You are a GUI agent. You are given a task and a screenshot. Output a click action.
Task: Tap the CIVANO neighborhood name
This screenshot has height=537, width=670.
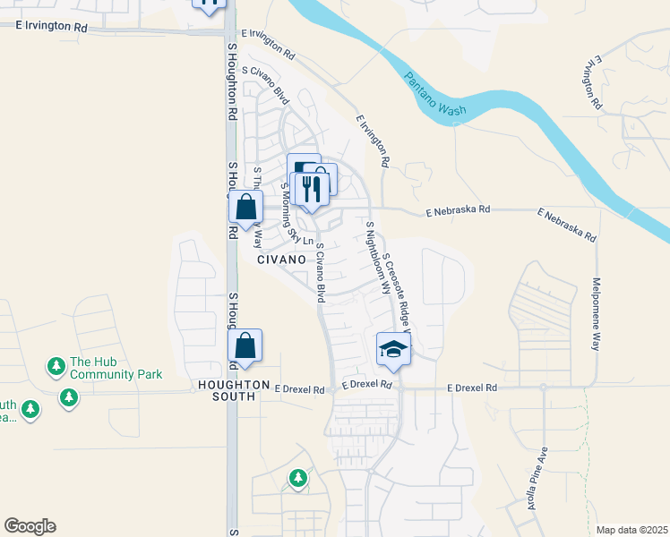(x=282, y=259)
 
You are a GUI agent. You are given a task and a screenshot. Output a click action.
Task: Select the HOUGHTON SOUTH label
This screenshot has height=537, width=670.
(x=230, y=391)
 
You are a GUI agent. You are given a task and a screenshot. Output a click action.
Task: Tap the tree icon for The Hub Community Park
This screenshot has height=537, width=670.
(x=56, y=366)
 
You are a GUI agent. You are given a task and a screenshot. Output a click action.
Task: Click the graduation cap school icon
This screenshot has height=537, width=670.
(x=392, y=349)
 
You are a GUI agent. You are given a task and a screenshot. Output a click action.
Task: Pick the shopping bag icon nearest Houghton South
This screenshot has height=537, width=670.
(x=245, y=346)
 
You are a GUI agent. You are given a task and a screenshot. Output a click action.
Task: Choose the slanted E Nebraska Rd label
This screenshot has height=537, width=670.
(x=566, y=226)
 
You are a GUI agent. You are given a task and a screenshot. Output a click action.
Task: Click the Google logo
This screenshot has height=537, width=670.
(x=30, y=526)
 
